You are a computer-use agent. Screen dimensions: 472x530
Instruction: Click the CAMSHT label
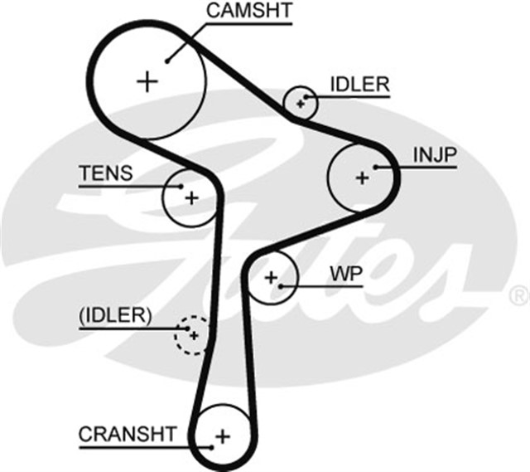(248, 12)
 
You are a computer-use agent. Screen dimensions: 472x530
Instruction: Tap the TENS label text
(105, 173)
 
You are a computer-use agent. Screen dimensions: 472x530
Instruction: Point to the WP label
(345, 274)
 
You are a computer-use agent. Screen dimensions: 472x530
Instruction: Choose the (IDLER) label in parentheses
(115, 315)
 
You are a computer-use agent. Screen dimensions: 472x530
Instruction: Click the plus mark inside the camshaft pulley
(147, 81)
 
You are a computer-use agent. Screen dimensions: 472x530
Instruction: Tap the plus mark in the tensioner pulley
(191, 198)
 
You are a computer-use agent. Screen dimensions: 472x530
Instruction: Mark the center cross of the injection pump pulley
(361, 177)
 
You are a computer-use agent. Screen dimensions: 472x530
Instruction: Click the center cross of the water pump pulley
(270, 277)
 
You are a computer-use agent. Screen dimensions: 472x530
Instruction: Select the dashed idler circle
(191, 335)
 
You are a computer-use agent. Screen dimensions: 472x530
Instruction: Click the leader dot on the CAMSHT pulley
(167, 60)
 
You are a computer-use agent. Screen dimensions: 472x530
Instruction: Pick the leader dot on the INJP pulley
(376, 167)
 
